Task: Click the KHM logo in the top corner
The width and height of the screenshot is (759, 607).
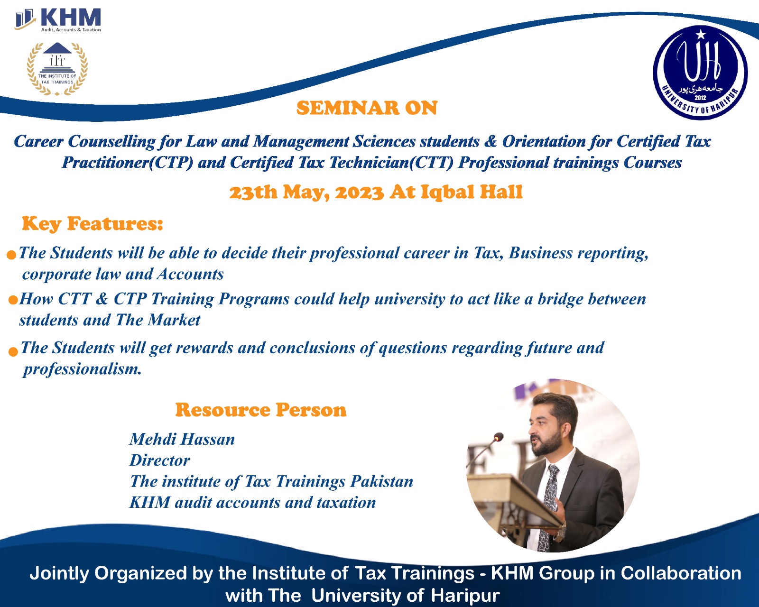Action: coord(58,20)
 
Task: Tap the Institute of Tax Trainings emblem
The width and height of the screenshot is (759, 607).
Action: coord(57,69)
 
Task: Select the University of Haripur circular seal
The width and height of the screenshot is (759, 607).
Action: coord(700,73)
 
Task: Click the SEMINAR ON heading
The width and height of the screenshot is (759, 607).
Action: coord(367,108)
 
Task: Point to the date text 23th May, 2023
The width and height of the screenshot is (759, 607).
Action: coord(306,192)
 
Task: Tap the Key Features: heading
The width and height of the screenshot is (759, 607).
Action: coord(93,224)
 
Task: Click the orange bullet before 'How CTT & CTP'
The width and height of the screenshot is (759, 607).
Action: coord(13,300)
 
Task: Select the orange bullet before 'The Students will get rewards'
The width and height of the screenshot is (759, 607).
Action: coord(13,352)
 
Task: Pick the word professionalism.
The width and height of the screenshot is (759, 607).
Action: coord(82,369)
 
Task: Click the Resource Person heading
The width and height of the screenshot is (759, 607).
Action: coord(260,410)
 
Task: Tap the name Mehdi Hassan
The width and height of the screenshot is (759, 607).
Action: coord(182,440)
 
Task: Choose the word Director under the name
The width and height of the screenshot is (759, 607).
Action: coord(160,460)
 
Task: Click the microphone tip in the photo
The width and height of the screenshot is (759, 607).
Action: coord(498,437)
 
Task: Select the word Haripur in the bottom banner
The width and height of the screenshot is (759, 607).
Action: coord(465,595)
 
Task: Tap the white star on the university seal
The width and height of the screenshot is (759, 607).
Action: coord(701,34)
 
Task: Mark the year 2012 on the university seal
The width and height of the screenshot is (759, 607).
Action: coord(700,98)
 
